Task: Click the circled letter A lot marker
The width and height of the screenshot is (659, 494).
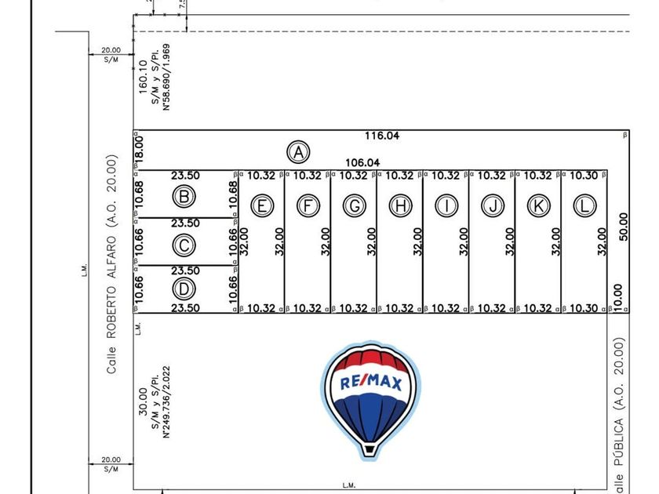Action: (298, 151)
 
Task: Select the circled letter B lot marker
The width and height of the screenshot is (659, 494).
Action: (184, 196)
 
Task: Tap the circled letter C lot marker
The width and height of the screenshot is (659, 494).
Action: (184, 245)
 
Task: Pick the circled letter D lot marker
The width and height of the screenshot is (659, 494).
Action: (184, 289)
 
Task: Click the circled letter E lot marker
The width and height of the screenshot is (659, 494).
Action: (262, 205)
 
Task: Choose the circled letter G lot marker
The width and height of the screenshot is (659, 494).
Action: (355, 205)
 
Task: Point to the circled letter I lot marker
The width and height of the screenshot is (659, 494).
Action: (447, 205)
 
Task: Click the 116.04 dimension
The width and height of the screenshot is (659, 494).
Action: (382, 136)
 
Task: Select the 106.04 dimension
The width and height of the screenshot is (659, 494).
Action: (362, 162)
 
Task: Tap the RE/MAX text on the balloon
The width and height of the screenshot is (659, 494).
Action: (371, 383)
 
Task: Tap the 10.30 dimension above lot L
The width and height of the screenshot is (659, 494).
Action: (584, 176)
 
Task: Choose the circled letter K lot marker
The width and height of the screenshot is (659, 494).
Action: (538, 205)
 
